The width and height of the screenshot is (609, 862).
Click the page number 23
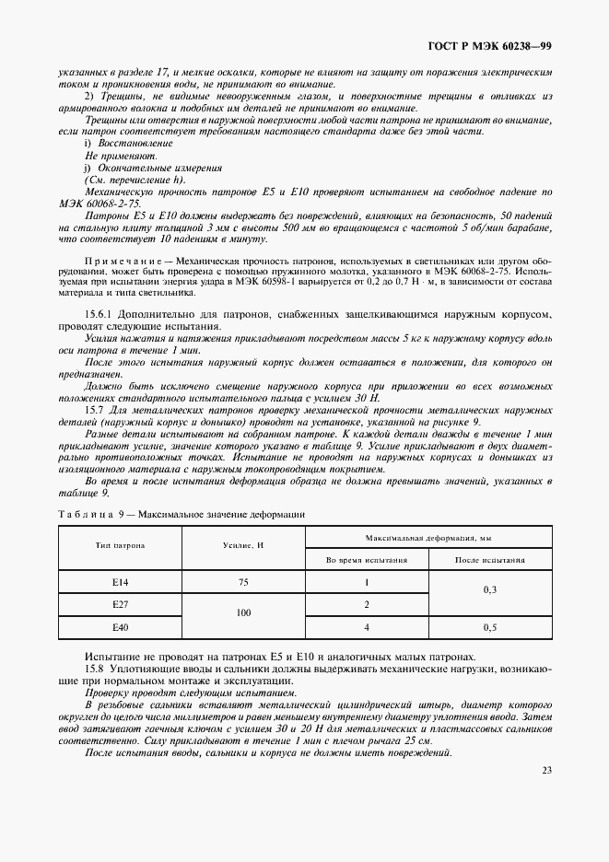point(546,771)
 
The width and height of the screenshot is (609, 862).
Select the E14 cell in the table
point(119,583)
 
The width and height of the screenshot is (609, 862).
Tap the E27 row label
point(119,605)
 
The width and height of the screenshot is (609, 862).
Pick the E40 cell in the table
point(119,627)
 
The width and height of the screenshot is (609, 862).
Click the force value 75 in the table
point(243,583)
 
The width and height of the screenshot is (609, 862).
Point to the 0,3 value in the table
point(490,594)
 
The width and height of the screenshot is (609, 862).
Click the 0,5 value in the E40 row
point(490,627)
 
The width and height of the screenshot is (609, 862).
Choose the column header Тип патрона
point(119,545)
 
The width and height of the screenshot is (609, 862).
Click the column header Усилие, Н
point(243,545)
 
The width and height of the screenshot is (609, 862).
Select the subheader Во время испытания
point(366,558)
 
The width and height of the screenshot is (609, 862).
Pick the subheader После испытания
point(490,558)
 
